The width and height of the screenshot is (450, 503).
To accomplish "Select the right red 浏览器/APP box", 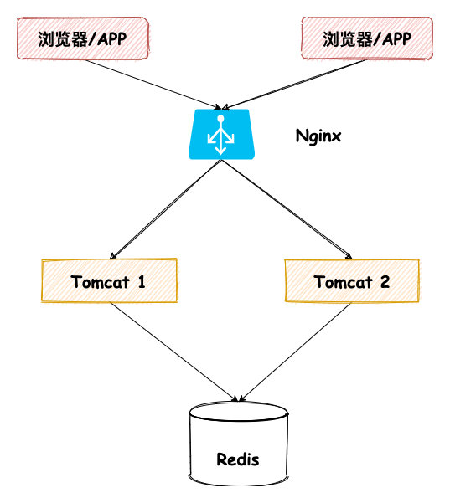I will click(367, 38).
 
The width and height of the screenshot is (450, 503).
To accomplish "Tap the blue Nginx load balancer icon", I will click(220, 132).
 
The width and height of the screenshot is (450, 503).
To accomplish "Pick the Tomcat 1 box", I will click(109, 281).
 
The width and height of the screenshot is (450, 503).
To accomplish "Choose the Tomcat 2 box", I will click(351, 281).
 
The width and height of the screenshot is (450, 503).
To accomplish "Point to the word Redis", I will click(238, 459).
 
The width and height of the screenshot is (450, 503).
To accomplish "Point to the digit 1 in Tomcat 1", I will click(141, 282).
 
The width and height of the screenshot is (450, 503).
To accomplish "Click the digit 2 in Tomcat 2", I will click(384, 282).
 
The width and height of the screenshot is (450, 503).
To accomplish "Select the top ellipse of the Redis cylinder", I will click(238, 413).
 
